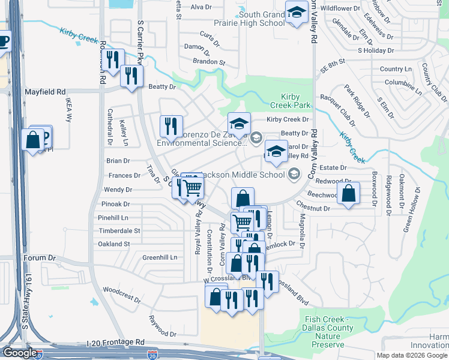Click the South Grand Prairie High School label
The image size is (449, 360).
coord(261,19)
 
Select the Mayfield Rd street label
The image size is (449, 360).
coord(44,92)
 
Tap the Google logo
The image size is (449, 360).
coord(19,353)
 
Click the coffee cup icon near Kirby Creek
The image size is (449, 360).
coord(3,41)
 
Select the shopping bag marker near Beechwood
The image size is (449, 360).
coord(348,193)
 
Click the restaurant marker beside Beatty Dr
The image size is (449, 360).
coord(131,76)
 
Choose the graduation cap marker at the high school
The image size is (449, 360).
coord(297,13)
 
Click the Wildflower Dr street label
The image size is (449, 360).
coord(340,8)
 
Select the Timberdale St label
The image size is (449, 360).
coord(119,230)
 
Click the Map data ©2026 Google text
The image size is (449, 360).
coord(411,355)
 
